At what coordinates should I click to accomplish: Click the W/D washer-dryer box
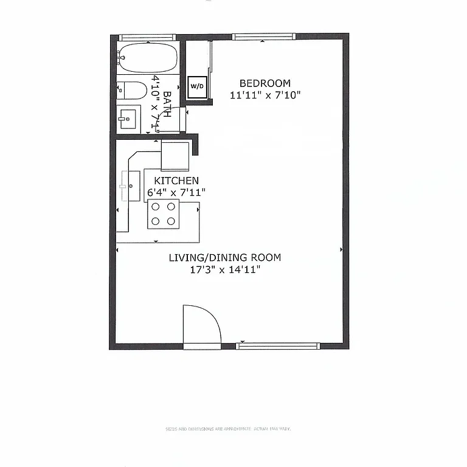point(198,86)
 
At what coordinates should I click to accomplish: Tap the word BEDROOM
point(265,83)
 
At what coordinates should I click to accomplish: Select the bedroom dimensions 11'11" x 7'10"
point(265,95)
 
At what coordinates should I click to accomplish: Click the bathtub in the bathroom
point(147,58)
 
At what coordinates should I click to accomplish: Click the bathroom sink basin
point(128,118)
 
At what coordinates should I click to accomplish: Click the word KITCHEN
point(176,181)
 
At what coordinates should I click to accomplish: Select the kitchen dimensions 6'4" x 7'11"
point(176,192)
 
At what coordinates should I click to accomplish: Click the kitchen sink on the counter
point(130,185)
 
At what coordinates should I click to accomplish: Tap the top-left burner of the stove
point(155,207)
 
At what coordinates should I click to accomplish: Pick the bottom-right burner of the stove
point(171,221)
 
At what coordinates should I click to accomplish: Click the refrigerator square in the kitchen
point(175,156)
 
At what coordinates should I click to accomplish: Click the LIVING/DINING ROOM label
point(225,257)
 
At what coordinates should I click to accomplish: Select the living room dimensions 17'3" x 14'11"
point(225,269)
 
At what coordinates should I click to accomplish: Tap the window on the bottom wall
point(277,346)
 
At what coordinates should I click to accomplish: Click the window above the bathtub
point(147,37)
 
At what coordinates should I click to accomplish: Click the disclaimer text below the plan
point(228,429)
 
